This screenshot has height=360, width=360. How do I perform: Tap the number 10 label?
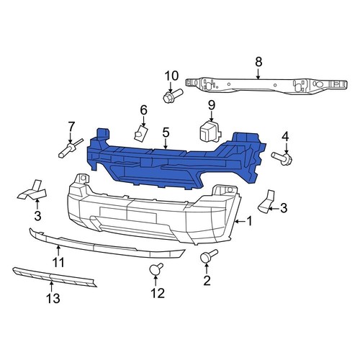coord(171,77)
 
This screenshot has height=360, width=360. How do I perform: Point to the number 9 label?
coord(212,107)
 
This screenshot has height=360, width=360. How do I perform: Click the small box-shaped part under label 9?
coord(210,132)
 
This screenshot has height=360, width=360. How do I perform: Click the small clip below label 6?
coord(140,132)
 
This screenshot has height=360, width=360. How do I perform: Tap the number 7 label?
coord(71,127)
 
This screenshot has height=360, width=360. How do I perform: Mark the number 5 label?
coord(166,132)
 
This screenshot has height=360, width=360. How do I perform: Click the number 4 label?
coord(285,136)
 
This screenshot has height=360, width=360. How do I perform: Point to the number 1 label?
coord(249,222)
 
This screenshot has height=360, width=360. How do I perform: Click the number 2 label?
coord(207,279)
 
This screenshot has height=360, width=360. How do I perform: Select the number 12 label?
coord(157,293)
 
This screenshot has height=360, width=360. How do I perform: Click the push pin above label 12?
coord(154,270)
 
